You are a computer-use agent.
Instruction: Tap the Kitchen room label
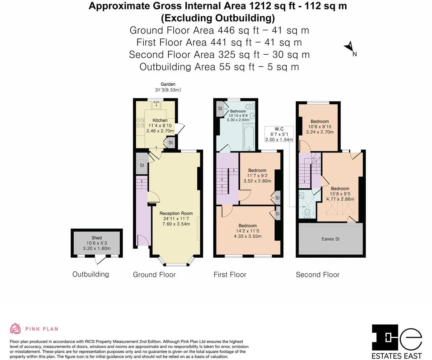[x=160, y=120]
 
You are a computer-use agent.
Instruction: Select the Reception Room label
[x=176, y=213]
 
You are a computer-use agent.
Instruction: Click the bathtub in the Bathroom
[x=250, y=137]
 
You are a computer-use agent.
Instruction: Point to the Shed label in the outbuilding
[x=97, y=238]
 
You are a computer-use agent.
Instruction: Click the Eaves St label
[x=330, y=239]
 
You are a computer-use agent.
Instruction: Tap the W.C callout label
[x=279, y=129]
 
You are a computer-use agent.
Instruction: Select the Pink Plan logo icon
[x=16, y=328]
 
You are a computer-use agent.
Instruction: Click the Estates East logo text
[x=397, y=356]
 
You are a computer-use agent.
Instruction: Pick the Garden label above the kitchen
[x=168, y=84]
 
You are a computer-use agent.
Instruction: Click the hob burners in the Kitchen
[x=140, y=122]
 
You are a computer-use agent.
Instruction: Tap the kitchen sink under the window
[x=157, y=105]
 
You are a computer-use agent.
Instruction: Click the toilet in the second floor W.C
[x=307, y=213]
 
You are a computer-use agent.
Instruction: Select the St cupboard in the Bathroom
[x=220, y=109]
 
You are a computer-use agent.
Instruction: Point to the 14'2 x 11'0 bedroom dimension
[x=247, y=231]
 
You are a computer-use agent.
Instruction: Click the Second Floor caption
[x=318, y=275]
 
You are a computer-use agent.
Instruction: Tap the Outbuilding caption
[x=91, y=274]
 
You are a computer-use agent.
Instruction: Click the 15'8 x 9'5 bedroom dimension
[x=340, y=194]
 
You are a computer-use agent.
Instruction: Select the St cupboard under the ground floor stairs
[x=142, y=165]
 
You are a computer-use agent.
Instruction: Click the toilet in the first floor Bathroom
[x=250, y=106]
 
